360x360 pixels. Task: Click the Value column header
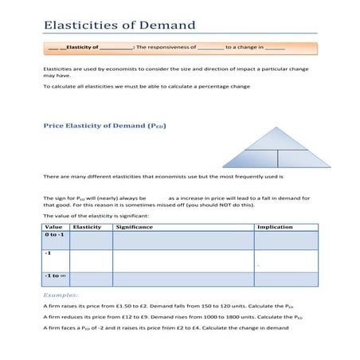point(53,227)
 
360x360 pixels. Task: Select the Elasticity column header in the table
point(87,227)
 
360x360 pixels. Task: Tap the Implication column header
point(274,227)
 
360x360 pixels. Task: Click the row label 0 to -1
point(54,236)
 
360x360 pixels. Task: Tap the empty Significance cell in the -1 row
point(183,260)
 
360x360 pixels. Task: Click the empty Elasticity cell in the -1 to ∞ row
point(91,280)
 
